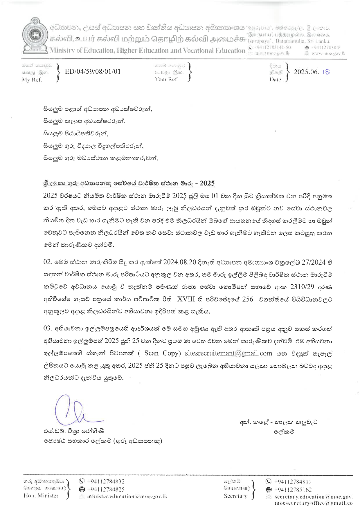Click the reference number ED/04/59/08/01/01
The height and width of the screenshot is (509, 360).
coord(93,71)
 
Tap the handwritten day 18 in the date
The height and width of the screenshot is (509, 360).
coord(326,72)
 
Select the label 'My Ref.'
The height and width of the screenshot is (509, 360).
coord(32,80)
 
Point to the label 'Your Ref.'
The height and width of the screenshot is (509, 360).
coord(167,79)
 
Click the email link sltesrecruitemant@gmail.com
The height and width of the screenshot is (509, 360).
coord(228,353)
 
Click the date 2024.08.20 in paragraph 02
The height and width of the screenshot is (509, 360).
coord(180,262)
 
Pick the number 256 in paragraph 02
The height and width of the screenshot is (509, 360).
coord(248,299)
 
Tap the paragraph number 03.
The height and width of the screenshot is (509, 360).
coord(48,328)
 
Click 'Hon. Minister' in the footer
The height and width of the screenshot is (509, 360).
coord(41,496)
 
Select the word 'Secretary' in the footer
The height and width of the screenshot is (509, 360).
coord(235,496)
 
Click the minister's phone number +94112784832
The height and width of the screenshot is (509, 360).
coord(106,481)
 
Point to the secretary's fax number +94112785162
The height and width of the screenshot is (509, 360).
coord(293,490)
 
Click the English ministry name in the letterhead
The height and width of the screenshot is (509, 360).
coord(147,50)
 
